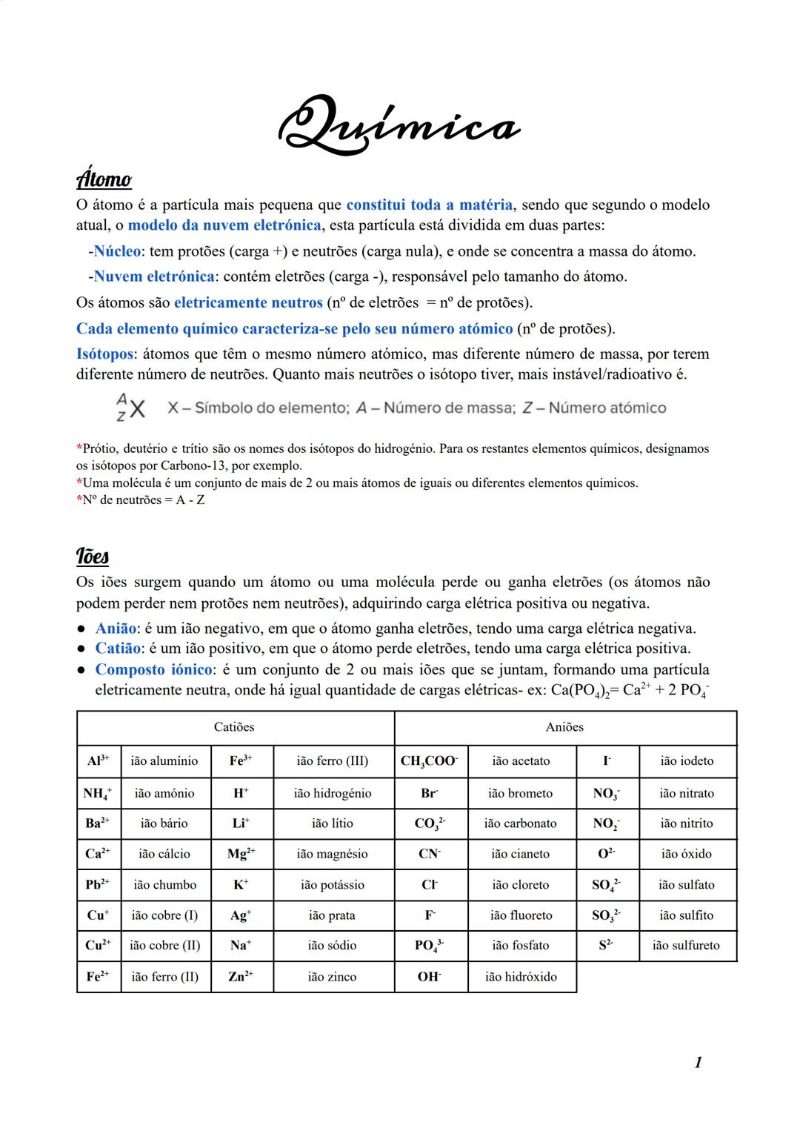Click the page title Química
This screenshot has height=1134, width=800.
(399, 126)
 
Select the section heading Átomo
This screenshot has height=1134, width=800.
(104, 180)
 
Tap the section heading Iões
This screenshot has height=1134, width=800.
(93, 556)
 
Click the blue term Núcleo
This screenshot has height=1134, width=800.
(117, 251)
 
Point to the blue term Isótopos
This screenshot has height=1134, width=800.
(105, 354)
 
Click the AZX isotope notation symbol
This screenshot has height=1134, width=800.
(130, 408)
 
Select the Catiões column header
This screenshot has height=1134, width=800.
(234, 727)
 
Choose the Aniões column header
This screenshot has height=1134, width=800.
(564, 727)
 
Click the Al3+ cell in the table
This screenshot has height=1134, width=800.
(98, 761)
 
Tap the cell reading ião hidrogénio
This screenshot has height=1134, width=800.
(332, 793)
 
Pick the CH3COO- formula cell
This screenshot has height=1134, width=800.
(430, 761)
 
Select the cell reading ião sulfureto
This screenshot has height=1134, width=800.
(686, 945)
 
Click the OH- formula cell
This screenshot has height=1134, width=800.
(430, 976)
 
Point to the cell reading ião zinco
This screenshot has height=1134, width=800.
(332, 976)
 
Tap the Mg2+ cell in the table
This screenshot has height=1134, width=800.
(241, 854)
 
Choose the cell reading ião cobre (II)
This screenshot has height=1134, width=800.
(164, 945)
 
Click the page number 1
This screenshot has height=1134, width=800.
(698, 1062)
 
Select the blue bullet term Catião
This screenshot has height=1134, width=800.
(118, 649)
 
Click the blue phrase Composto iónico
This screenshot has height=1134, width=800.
(153, 669)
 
